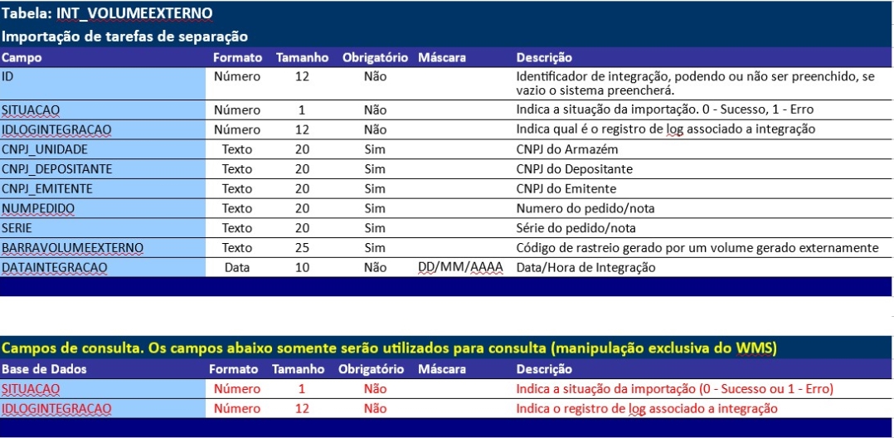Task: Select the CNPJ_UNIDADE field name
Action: (x=45, y=149)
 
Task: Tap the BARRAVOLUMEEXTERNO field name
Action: (x=72, y=248)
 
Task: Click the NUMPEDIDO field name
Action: (x=38, y=208)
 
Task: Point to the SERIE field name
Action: (x=17, y=228)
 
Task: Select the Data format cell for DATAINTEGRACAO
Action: (x=237, y=268)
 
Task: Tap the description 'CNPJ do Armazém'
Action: (x=567, y=149)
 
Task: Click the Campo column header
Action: (x=22, y=58)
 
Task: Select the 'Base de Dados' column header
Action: (x=44, y=369)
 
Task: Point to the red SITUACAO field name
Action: (x=31, y=389)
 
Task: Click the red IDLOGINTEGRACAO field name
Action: (x=56, y=408)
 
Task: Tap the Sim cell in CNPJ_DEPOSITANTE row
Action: (x=375, y=169)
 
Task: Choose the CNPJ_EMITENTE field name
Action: (x=47, y=188)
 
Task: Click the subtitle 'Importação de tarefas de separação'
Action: (x=124, y=36)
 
